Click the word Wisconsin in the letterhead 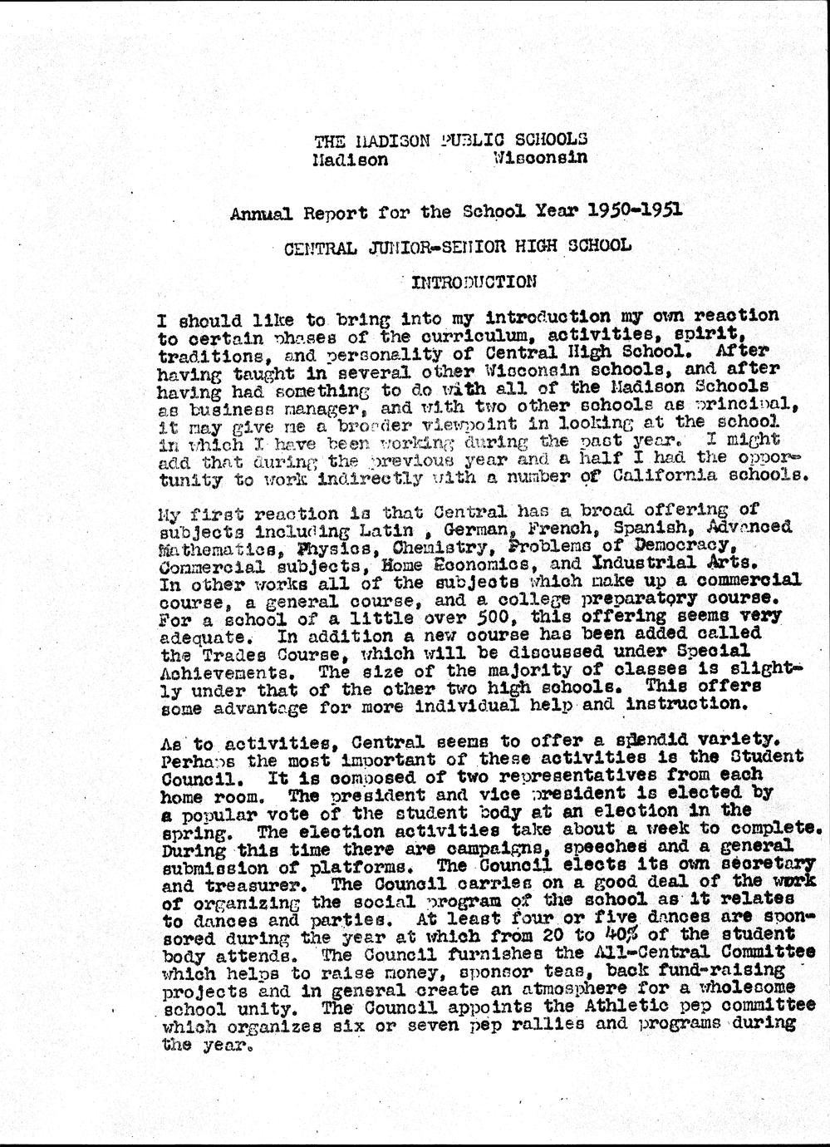[539, 156]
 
